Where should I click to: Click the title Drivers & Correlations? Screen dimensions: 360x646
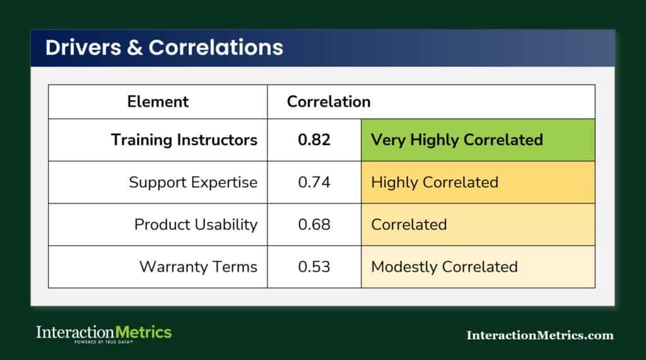pos(164,48)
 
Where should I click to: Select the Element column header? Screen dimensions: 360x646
pos(158,102)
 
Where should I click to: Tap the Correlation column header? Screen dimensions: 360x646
pos(329,102)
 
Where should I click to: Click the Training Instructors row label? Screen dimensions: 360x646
pos(184,140)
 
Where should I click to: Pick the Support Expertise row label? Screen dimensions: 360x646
pos(193,182)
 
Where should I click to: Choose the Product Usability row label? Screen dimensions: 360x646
pos(196,224)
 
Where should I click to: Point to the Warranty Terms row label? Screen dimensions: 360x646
pos(198,267)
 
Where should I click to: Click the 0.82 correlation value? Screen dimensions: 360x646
pos(314,140)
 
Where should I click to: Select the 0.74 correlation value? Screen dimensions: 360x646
pos(314,182)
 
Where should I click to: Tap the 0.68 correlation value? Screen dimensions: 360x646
pos(314,224)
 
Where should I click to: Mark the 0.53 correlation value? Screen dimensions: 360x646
pos(314,267)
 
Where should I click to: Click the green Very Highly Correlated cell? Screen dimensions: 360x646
pos(478,140)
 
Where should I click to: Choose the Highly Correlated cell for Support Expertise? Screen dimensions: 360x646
pos(478,182)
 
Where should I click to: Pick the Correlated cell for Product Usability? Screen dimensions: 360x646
pos(478,224)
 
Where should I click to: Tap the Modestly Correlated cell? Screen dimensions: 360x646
pos(478,267)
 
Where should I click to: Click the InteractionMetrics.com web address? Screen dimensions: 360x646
pos(539,335)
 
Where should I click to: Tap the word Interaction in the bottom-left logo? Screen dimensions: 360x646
pos(74,332)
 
